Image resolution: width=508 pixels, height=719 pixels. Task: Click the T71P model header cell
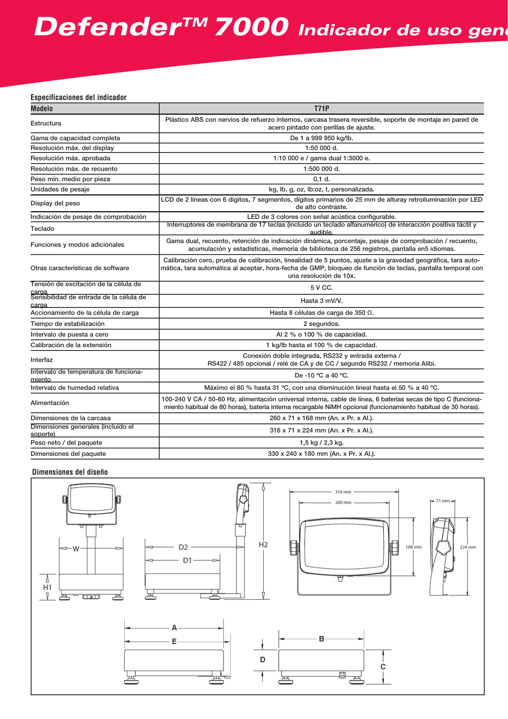coord(321,109)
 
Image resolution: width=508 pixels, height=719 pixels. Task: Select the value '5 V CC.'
coord(321,288)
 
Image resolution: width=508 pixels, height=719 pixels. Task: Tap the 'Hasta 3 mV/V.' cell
coord(321,301)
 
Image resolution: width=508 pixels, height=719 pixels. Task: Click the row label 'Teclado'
coord(43,229)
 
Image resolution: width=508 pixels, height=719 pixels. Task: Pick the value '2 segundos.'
coord(321,324)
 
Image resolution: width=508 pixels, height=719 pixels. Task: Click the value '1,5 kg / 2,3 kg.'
coord(321,443)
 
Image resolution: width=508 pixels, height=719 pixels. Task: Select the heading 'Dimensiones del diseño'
coord(70,472)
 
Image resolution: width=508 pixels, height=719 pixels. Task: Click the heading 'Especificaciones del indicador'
coord(79,98)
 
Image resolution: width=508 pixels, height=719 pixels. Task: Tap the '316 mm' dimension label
coord(343,492)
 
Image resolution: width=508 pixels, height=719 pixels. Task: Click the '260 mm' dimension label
coord(343,503)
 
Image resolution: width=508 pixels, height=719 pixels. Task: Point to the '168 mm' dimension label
coord(413,547)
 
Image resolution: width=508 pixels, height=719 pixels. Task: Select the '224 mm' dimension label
coord(468,547)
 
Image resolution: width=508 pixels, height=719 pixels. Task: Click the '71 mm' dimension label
coord(443,501)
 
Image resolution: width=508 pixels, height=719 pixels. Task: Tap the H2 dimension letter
coord(263,545)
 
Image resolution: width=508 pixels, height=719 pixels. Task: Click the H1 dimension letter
coord(47,587)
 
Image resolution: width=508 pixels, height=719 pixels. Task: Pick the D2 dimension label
coord(183,547)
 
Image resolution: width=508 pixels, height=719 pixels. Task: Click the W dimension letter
coord(76,549)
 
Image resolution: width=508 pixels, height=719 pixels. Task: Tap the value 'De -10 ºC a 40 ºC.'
coord(321,375)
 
